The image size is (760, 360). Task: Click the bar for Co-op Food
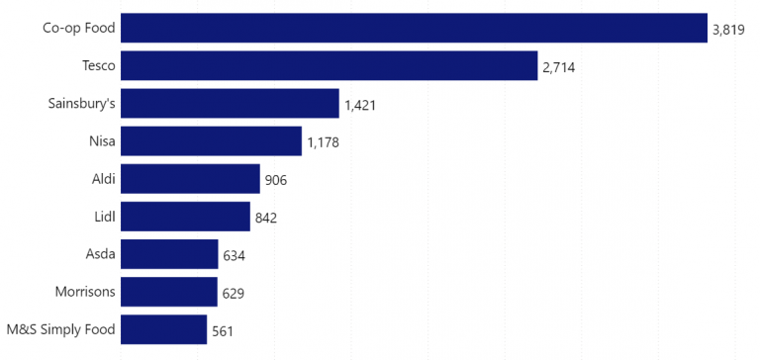[x=414, y=29]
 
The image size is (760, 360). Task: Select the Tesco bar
[x=329, y=66]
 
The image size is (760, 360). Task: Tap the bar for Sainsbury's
[x=230, y=104]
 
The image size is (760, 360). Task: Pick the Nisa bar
[x=211, y=141]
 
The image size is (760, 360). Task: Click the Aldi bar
[x=190, y=179]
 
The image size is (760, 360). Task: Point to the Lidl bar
[x=185, y=217]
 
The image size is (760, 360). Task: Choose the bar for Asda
[x=169, y=254]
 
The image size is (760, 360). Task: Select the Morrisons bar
[x=168, y=292]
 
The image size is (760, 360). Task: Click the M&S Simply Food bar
[x=163, y=329]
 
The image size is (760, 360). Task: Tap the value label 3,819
[x=728, y=31]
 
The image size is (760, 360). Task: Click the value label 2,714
[x=558, y=68]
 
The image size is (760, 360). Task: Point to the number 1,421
[x=361, y=106]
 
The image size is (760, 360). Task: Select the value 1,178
[x=323, y=143]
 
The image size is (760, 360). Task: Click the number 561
[x=223, y=331]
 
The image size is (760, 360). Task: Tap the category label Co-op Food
[x=78, y=29]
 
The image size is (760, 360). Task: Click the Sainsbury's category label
[x=81, y=104]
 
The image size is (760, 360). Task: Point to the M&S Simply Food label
[x=60, y=329]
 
